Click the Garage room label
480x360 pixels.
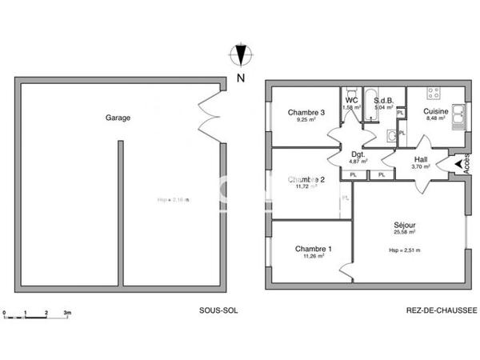pos(118,118)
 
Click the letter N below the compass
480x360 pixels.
pos(240,78)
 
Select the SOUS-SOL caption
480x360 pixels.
pos(218,310)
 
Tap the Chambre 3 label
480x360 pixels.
pos(306,113)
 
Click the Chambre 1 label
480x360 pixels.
pos(313,249)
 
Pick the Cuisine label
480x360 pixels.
pos(436,112)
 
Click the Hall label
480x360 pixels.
pos(421,159)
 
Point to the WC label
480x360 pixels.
pos(351,101)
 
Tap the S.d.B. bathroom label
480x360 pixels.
pos(384,101)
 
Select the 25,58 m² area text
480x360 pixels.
pos(405,235)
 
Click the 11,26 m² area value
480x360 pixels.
pos(313,257)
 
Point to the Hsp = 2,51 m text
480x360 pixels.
pos(405,250)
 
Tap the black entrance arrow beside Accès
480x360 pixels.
pos(458,166)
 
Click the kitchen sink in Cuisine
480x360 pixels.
pos(458,117)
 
